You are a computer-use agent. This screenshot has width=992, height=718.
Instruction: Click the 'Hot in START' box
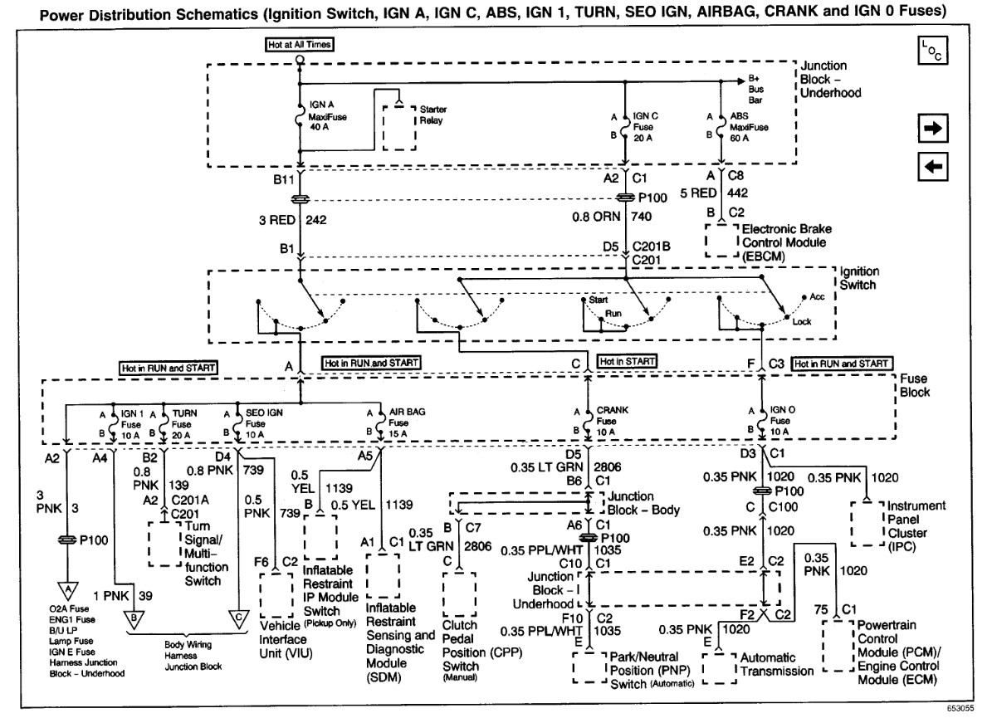point(628,362)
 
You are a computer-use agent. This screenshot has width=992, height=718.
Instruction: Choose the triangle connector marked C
point(237,618)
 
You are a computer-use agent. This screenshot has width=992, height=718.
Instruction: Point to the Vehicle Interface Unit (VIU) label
point(284,640)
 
